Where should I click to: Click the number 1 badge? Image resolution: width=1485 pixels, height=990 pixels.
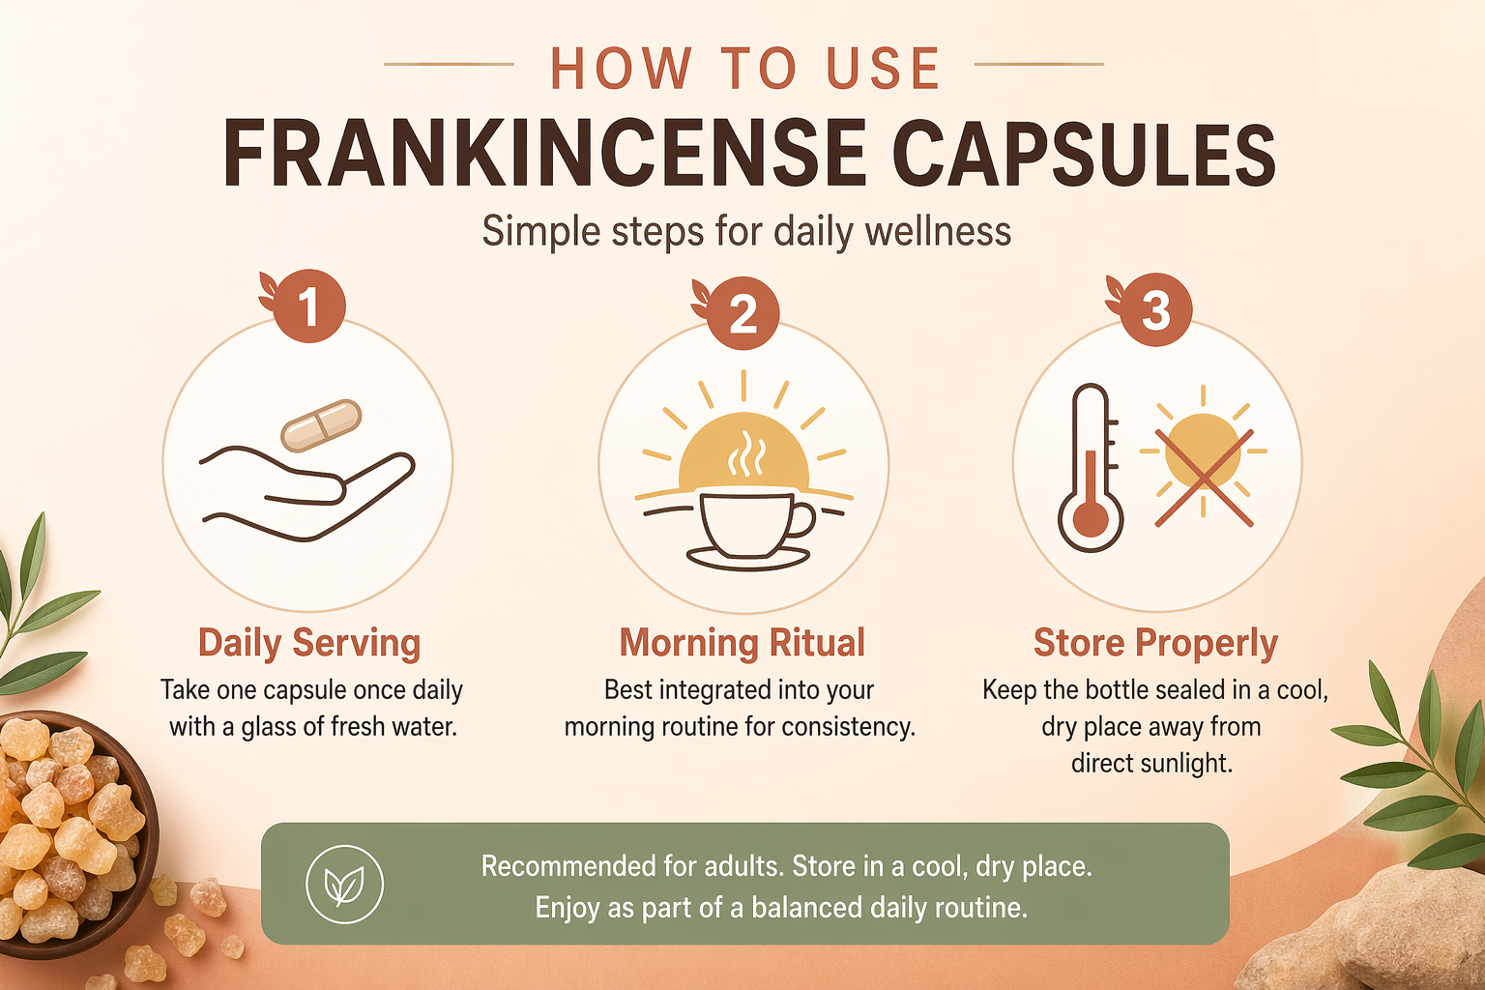[309, 306]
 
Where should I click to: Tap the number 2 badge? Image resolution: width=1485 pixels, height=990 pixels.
[742, 313]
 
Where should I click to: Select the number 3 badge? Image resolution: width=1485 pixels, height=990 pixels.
[1155, 309]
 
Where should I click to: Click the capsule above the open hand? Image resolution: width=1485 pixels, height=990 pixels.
[321, 425]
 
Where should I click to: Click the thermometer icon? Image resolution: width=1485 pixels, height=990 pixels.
[1091, 468]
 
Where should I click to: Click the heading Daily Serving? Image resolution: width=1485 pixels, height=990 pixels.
[309, 643]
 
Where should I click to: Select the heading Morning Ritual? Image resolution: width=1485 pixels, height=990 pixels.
[742, 642]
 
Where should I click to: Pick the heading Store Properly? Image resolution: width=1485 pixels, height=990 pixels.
[1155, 643]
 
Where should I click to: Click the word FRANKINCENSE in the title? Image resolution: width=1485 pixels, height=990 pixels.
[545, 154]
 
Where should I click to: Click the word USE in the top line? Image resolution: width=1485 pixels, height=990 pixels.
[884, 69]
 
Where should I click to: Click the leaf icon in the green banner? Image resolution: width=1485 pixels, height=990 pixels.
[344, 884]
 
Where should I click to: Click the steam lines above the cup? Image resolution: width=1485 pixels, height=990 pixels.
[747, 453]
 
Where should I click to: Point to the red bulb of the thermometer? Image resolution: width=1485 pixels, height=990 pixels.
[1090, 518]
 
